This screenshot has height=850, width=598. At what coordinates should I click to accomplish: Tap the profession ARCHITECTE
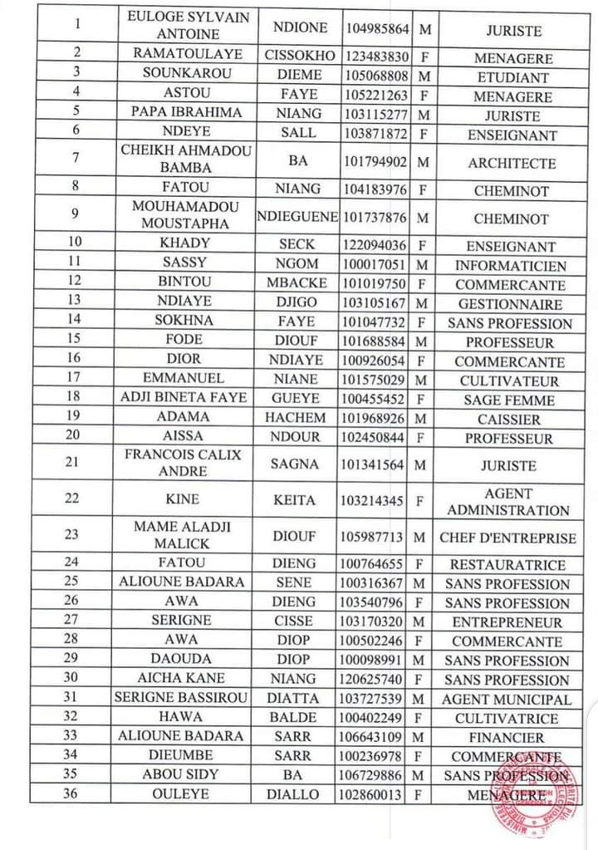coord(512,163)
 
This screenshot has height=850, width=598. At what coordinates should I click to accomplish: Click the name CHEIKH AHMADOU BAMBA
coord(186,159)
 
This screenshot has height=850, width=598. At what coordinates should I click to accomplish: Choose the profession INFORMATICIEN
coord(511,266)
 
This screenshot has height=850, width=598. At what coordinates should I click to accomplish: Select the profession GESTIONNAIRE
coord(510,304)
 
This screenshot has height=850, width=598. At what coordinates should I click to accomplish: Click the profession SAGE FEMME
coord(510,400)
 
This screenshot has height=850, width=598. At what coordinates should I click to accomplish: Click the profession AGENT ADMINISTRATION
coord(508,502)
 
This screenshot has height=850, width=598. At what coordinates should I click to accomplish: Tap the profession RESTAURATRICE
coord(507,565)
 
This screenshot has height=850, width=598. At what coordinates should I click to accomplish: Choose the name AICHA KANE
coord(181,678)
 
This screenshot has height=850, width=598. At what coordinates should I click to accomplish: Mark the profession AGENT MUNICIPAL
coord(507,700)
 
